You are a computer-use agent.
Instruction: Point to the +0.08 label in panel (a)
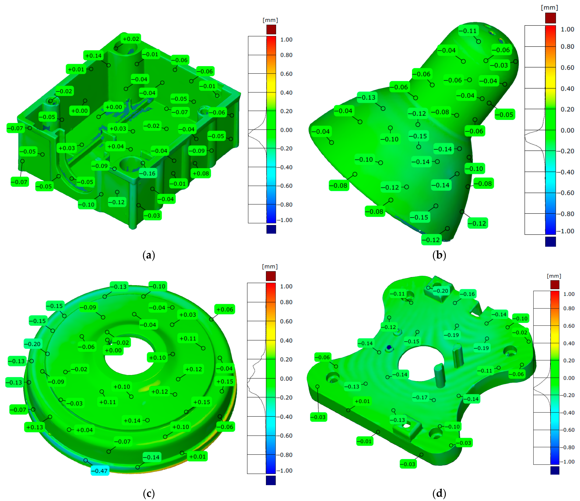[201, 173]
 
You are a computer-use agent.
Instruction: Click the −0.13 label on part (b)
[367, 97]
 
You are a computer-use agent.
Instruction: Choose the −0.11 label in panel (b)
[468, 31]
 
